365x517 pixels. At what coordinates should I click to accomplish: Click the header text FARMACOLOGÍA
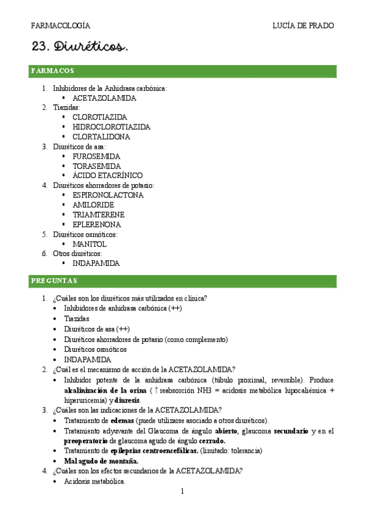(x=60, y=26)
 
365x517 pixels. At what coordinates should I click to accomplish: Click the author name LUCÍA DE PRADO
(x=303, y=26)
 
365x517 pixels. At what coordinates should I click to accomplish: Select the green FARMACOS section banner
(x=182, y=71)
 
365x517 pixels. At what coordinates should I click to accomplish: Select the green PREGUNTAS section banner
(x=182, y=280)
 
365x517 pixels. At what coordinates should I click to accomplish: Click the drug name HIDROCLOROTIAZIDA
(x=112, y=127)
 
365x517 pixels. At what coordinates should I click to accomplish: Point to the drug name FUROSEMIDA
(x=96, y=156)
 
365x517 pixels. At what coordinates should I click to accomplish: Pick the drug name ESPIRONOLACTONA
(x=108, y=195)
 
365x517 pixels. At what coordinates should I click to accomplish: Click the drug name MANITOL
(x=90, y=244)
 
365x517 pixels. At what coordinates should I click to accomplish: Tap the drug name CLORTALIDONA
(x=101, y=137)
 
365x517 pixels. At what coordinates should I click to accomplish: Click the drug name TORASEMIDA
(x=96, y=166)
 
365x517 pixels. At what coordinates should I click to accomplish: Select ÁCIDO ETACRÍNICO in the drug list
(x=107, y=176)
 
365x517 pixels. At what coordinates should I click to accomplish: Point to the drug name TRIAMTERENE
(x=98, y=215)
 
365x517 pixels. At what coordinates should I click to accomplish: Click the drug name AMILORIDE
(x=93, y=205)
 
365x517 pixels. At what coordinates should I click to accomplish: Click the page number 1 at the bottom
(x=182, y=491)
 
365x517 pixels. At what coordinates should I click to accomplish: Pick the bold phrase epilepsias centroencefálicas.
(x=155, y=451)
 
